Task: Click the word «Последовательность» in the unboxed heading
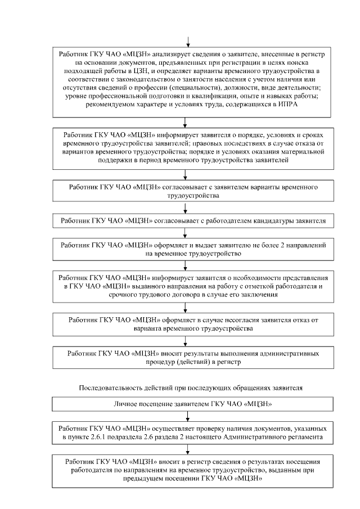[111, 388]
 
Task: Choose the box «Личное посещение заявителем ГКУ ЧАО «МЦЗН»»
[187, 404]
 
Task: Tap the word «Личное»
[125, 404]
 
